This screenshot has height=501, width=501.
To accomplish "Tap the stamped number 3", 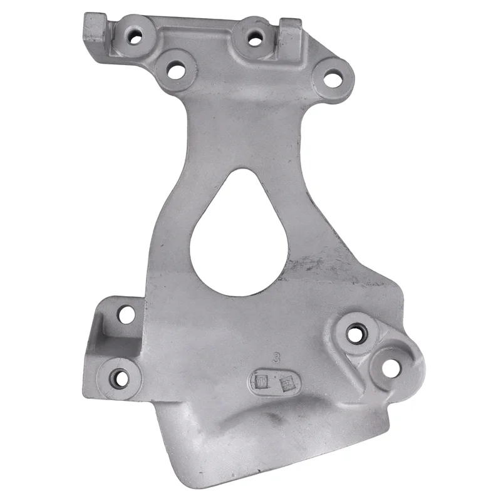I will pyautogui.click(x=276, y=358).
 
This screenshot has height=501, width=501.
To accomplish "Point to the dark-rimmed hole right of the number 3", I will pyautogui.click(x=354, y=333).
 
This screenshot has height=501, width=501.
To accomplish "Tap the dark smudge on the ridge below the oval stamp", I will pyautogui.click(x=269, y=416).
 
